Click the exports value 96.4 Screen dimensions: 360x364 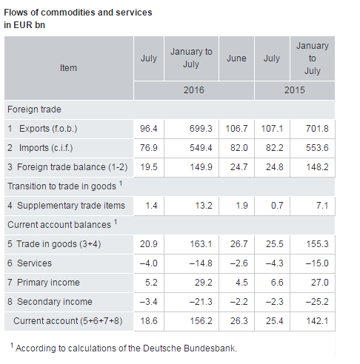click(149, 129)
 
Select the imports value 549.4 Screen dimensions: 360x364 click(201, 148)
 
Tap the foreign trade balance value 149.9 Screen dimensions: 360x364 click(201, 167)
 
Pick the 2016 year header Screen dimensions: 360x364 click(194, 90)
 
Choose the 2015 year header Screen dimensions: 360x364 click(295, 90)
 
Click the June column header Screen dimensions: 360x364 click(236, 58)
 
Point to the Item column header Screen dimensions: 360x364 click(68, 68)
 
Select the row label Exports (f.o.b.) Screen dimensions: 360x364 click(48, 129)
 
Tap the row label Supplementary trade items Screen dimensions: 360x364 click(71, 206)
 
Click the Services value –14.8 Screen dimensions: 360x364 click(201, 263)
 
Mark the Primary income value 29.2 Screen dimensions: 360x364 click(204, 283)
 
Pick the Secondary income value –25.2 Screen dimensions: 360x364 click(317, 302)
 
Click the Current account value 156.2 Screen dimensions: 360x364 click(201, 321)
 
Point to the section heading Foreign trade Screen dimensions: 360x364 click(34, 109)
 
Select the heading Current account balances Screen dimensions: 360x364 click(59, 225)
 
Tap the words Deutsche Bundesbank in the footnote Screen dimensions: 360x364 click(190, 348)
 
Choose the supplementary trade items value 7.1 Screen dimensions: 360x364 click(322, 206)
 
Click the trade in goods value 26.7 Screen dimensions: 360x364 click(239, 244)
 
